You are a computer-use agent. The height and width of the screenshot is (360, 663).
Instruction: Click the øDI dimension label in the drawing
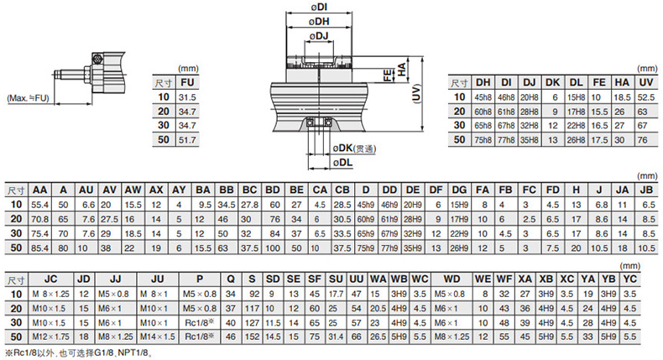321,7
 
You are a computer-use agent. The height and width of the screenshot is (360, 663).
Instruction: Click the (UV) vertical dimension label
417,97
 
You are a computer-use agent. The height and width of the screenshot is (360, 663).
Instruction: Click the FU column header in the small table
187,83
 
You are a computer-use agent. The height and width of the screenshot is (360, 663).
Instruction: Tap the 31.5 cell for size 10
187,97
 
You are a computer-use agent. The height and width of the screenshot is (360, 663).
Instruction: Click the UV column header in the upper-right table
644,82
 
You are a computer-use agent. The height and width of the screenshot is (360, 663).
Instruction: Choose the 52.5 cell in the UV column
644,97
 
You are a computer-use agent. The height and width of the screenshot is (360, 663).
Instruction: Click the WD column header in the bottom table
452,279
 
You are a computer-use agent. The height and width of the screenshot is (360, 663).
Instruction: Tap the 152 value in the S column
251,336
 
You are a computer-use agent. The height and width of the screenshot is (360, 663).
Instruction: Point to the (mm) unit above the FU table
185,70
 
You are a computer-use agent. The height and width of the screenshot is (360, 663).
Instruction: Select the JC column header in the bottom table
50,279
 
